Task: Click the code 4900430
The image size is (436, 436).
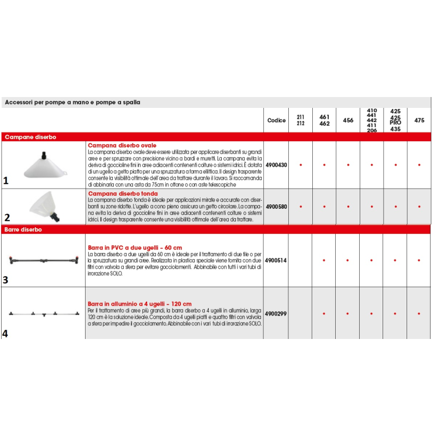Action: (276, 164)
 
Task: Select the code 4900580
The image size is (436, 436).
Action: (276, 207)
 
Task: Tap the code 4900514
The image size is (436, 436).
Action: (276, 261)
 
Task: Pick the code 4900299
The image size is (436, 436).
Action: (276, 314)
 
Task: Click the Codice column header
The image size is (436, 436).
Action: (276, 120)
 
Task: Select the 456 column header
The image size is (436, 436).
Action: (348, 120)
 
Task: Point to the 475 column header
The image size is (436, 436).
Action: (419, 120)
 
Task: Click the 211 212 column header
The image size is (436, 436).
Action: (300, 120)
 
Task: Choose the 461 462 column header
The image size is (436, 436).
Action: (324, 120)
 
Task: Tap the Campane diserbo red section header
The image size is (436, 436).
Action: (31, 137)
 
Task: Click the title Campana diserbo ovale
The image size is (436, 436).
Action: (122, 146)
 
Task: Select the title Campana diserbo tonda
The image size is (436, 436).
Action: (123, 193)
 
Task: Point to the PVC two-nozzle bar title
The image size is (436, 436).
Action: (135, 247)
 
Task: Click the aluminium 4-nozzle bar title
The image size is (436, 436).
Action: (140, 304)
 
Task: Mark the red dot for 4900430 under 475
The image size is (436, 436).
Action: (419, 164)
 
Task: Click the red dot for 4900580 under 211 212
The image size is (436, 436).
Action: (300, 207)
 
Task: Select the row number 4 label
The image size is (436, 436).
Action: (5, 333)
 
